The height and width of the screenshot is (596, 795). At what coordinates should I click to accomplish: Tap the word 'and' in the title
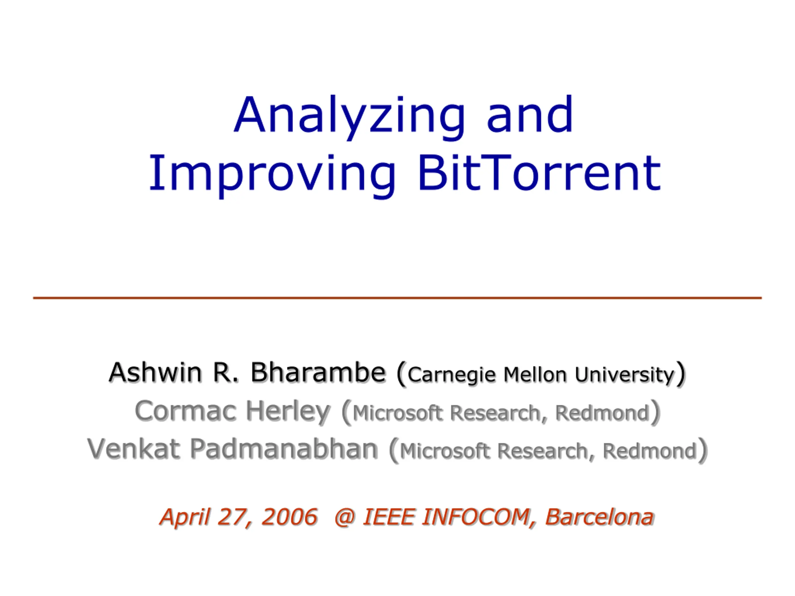[529, 114]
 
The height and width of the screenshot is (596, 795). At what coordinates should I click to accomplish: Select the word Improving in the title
[272, 175]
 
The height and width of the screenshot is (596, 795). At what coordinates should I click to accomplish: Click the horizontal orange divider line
[397, 298]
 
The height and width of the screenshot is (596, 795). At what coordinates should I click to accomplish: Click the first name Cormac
[185, 411]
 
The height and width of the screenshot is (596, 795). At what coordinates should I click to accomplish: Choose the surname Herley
[288, 413]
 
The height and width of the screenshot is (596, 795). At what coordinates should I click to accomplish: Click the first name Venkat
[133, 449]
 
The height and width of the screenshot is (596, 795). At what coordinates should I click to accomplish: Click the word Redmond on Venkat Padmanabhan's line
[650, 451]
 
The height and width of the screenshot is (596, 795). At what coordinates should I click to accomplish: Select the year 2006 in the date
[289, 517]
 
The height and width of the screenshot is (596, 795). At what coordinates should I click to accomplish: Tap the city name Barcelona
[599, 517]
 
